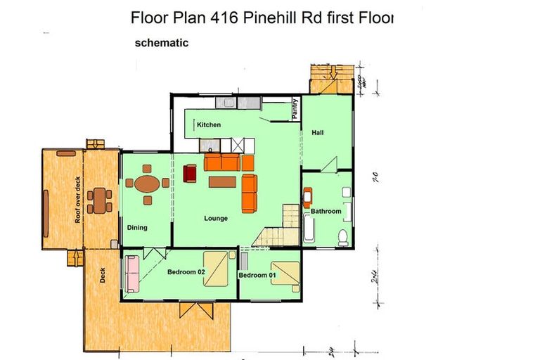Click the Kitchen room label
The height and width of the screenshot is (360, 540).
(209, 125)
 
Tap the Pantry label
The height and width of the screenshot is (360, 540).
(295, 109)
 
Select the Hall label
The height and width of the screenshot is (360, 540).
(318, 132)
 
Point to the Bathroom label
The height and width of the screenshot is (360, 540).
(326, 211)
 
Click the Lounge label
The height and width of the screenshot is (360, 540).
(216, 218)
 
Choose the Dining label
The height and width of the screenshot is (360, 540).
(137, 227)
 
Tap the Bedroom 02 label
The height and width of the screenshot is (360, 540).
(186, 272)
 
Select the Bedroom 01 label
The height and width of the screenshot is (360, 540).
(253, 275)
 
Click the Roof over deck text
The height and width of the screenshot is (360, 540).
(78, 200)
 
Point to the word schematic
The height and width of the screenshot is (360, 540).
(162, 43)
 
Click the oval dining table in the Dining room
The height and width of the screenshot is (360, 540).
(147, 184)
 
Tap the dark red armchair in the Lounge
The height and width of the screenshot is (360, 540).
(190, 173)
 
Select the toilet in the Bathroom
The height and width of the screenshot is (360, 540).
(343, 236)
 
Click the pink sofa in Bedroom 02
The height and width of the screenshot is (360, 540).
(131, 274)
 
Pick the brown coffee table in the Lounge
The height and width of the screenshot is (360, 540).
(222, 182)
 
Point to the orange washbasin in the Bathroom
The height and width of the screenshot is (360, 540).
(307, 197)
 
